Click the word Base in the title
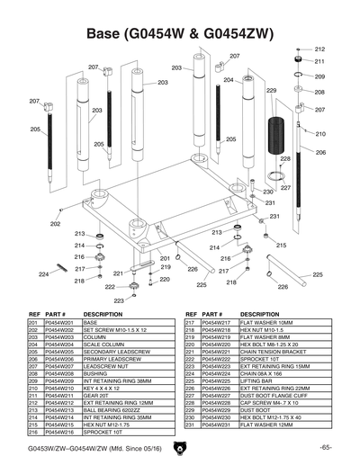(x=107, y=33)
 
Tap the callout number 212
(x=319, y=49)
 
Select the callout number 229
(x=271, y=91)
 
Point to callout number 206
(x=319, y=153)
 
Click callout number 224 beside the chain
(x=43, y=273)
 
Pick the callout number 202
(x=55, y=224)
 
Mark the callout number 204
(x=229, y=81)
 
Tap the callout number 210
(x=319, y=134)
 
